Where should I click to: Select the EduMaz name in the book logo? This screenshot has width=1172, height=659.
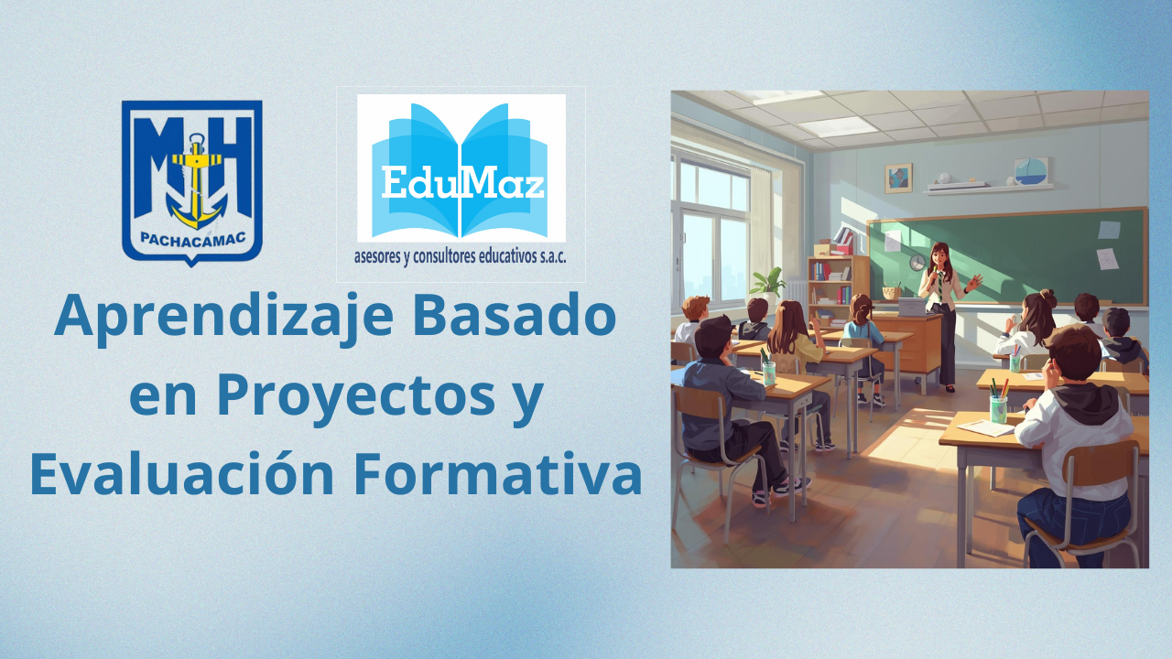coord(461,183)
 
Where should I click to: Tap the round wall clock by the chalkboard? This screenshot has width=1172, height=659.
coord(917,263)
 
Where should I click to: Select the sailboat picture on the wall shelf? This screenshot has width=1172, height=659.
coord(1031,170)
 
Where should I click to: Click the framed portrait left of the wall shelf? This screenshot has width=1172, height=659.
coord(898,178)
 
